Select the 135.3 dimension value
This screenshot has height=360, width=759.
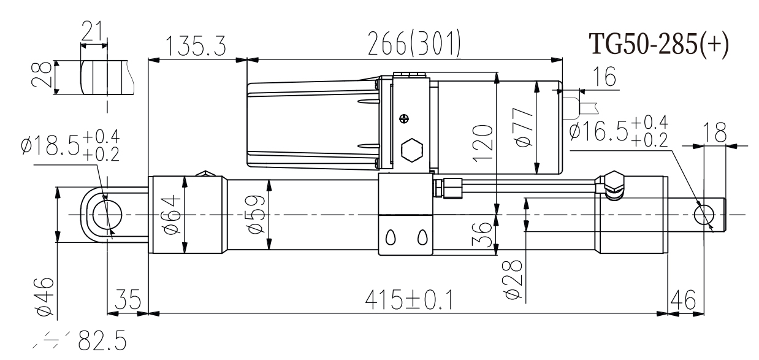(194, 47)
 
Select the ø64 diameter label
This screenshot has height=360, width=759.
(172, 215)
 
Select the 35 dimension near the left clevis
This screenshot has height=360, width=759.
(127, 301)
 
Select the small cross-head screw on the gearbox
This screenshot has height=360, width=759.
(404, 118)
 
